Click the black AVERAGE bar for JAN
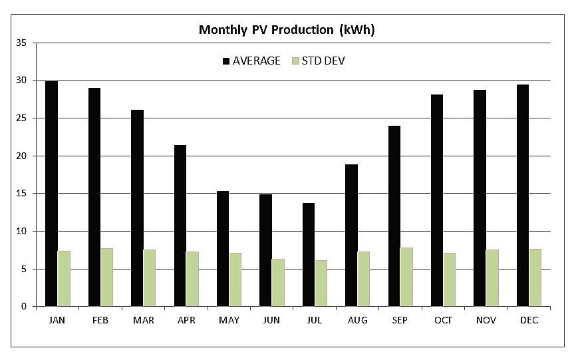tap(51, 194)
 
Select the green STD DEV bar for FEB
tap(107, 277)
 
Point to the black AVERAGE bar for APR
tap(180, 226)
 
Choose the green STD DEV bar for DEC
tap(535, 277)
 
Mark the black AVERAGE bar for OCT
tap(437, 200)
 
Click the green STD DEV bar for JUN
tap(278, 283)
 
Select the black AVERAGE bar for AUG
tap(351, 236)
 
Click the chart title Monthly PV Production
tap(287, 30)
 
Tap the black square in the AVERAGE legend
tap(226, 61)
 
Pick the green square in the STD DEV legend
tap(296, 61)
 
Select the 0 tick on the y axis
tap(23, 307)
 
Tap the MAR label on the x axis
tap(143, 320)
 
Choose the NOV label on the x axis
tap(486, 320)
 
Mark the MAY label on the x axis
tap(229, 320)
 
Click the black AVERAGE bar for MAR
tap(137, 208)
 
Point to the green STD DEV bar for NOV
tap(492, 278)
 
